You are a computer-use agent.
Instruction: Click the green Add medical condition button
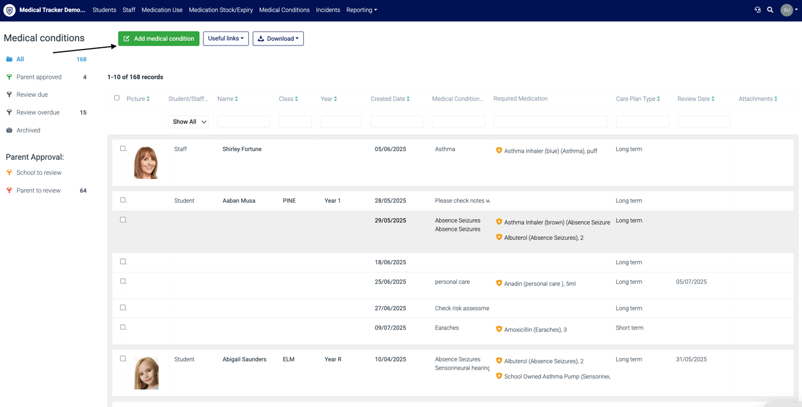pyautogui.click(x=159, y=38)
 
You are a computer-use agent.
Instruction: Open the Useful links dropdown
pyautogui.click(x=226, y=38)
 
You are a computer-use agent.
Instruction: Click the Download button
pyautogui.click(x=278, y=38)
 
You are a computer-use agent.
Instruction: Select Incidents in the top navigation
pyautogui.click(x=328, y=10)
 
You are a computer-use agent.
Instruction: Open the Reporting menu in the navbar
pyautogui.click(x=361, y=10)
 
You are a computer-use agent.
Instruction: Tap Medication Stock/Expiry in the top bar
pyautogui.click(x=220, y=10)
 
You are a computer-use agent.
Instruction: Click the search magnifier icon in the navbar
pyautogui.click(x=770, y=10)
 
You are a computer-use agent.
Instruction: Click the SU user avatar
pyautogui.click(x=786, y=10)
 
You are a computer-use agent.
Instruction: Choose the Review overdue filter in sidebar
pyautogui.click(x=37, y=113)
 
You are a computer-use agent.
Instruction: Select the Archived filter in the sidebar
pyautogui.click(x=28, y=130)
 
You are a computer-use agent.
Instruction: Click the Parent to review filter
pyautogui.click(x=38, y=190)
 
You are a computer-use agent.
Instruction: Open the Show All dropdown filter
pyautogui.click(x=188, y=121)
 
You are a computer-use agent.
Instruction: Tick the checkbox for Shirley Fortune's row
pyautogui.click(x=123, y=148)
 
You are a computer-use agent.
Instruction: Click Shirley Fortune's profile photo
pyautogui.click(x=146, y=163)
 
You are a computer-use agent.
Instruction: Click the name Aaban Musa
pyautogui.click(x=239, y=201)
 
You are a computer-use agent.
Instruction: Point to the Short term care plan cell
pyautogui.click(x=629, y=328)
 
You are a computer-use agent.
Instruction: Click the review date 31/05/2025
pyautogui.click(x=691, y=359)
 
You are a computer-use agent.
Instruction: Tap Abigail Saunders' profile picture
pyautogui.click(x=146, y=373)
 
